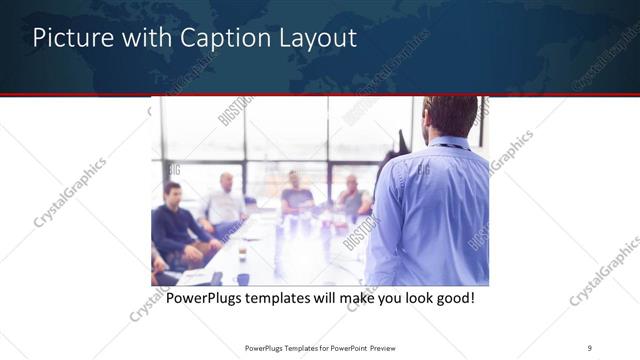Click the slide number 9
point(590,347)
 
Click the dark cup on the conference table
point(242,279)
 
